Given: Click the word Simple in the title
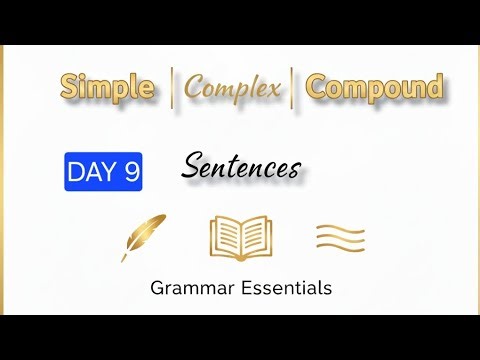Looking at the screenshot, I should pyautogui.click(x=107, y=87).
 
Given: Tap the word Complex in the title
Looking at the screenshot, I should pyautogui.click(x=233, y=88).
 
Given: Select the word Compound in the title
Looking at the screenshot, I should pyautogui.click(x=374, y=87).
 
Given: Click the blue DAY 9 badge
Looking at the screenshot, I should pyautogui.click(x=103, y=172).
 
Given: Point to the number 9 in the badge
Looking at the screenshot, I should pyautogui.click(x=131, y=172).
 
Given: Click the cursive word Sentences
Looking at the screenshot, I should pyautogui.click(x=240, y=166).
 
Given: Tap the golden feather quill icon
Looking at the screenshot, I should pyautogui.click(x=143, y=237).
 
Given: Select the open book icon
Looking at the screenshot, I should pyautogui.click(x=241, y=238).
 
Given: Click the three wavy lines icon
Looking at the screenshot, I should pyautogui.click(x=340, y=238).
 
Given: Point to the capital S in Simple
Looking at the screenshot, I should pyautogui.click(x=70, y=87).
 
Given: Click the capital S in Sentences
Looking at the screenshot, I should pyautogui.click(x=191, y=166).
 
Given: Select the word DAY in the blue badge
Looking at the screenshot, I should pyautogui.click(x=90, y=172).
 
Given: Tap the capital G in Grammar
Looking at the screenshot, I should pyautogui.click(x=157, y=289).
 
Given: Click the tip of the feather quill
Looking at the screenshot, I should pyautogui.click(x=124, y=259).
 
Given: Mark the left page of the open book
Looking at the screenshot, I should pyautogui.click(x=227, y=237).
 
